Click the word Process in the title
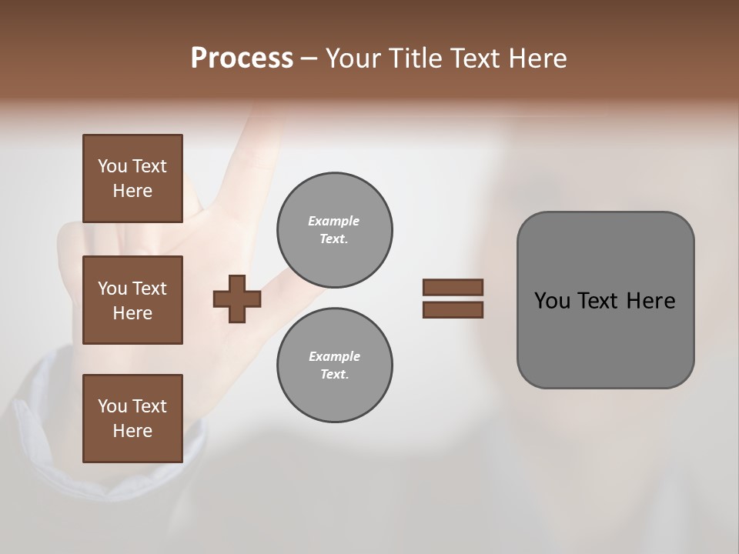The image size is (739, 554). pos(242,58)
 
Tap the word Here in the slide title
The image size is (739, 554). pos(537,58)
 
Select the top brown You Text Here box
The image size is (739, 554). pos(132,179)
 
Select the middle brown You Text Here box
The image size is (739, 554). pos(132,300)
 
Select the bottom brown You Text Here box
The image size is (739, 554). pos(132,419)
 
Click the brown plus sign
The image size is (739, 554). pos(237,299)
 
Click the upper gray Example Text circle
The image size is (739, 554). pos(334,230)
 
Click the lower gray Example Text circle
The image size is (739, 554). pos(334,365)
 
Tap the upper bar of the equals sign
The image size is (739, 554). pos(453,287)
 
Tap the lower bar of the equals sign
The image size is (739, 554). pos(453,309)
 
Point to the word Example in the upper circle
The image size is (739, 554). pos(334,221)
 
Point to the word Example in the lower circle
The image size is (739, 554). pos(334,356)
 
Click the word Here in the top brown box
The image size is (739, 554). pos(132,191)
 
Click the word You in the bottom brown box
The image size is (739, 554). pos(112,406)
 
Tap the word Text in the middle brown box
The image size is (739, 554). pos(149,289)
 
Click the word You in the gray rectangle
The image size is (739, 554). pos(552,301)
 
